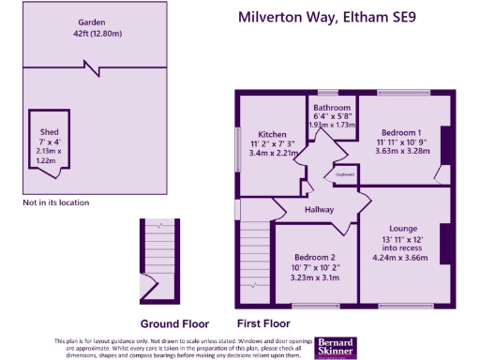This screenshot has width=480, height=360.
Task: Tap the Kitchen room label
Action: tap(273, 135)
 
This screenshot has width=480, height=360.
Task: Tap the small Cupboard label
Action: tap(344, 173)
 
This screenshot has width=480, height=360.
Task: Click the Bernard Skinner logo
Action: tap(334, 347)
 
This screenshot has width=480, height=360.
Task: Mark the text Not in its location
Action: tap(55, 202)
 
